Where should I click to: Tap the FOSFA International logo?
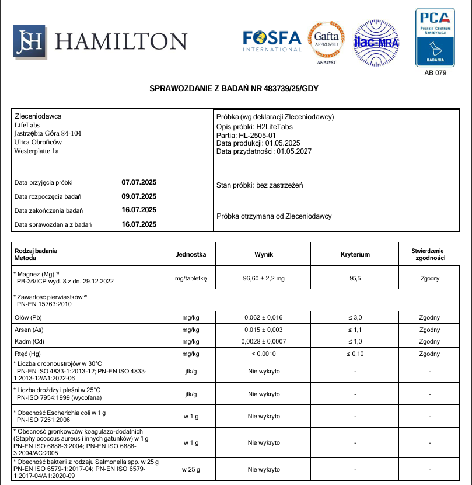tap(272, 41)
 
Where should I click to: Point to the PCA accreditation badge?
tap(435, 37)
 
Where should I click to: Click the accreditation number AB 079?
tap(435, 74)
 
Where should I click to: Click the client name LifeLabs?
tap(26, 125)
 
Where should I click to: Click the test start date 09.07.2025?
tap(139, 196)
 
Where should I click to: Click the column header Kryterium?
tap(355, 254)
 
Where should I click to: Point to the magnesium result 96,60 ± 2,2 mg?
tap(264, 279)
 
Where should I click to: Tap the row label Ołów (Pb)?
tap(27, 317)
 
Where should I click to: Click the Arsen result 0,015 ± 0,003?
tap(264, 330)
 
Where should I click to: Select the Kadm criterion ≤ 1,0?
tap(355, 341)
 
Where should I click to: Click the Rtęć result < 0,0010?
tap(264, 354)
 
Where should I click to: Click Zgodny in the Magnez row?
tap(430, 279)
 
